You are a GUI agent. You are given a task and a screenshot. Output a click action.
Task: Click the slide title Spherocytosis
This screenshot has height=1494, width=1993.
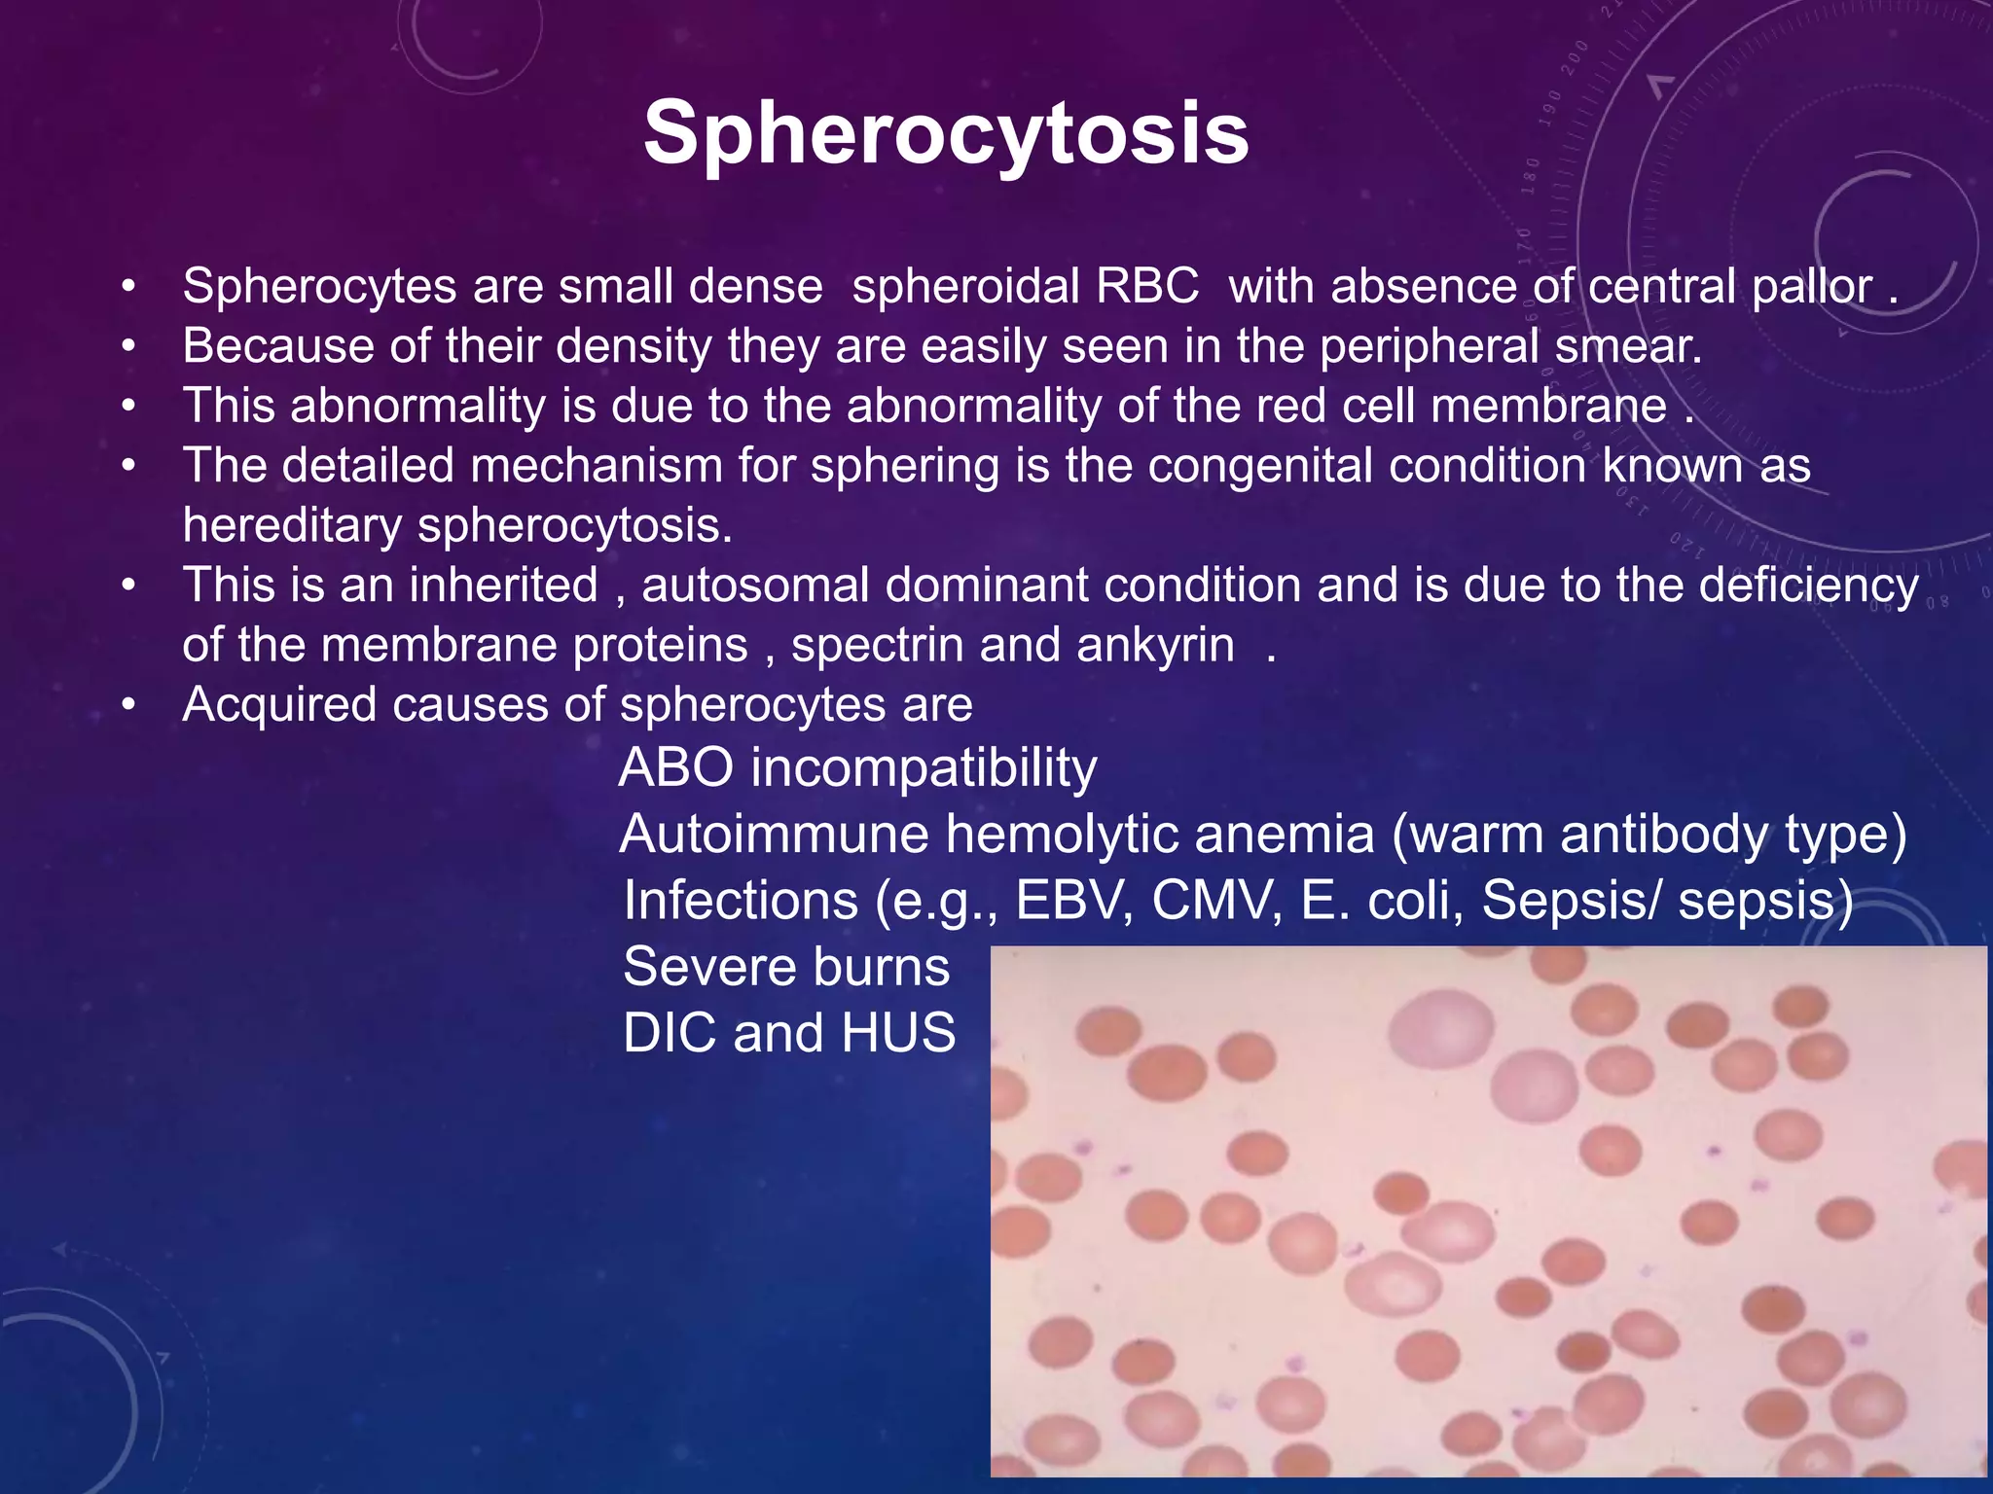tap(946, 133)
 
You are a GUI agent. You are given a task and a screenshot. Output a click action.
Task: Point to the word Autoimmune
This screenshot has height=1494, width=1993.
tap(774, 835)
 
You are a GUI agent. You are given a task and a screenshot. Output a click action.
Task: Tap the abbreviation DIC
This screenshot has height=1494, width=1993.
tap(670, 1033)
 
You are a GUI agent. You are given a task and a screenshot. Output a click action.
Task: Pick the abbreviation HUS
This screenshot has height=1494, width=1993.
tap(898, 1033)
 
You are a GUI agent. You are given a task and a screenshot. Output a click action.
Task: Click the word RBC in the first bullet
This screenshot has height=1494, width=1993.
tap(1147, 287)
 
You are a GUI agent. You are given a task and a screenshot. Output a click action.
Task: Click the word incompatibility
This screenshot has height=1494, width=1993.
tap(924, 767)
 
